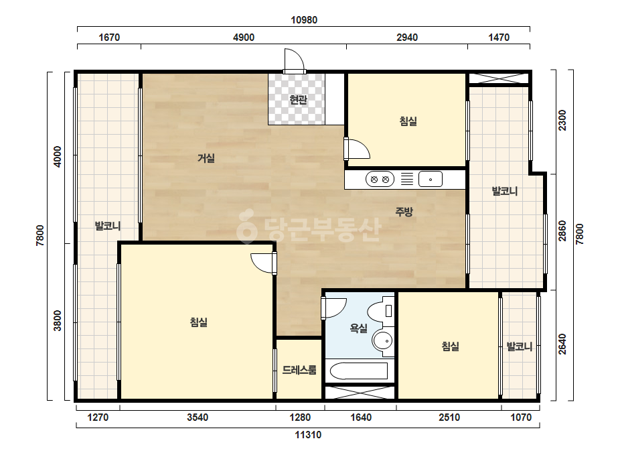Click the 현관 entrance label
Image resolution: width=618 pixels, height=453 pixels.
(298, 99)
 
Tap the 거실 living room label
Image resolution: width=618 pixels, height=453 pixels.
(206, 158)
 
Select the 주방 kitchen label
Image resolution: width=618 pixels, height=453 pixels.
(404, 212)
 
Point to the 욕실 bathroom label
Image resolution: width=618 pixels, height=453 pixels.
(359, 328)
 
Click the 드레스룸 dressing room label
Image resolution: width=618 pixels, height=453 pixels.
(299, 370)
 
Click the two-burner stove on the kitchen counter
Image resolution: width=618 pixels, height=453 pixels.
(380, 180)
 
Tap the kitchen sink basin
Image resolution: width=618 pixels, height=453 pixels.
(431, 180)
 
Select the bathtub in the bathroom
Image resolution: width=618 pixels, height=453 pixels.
(359, 371)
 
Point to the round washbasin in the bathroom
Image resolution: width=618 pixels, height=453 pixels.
(383, 340)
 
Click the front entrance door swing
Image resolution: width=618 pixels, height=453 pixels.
(294, 61)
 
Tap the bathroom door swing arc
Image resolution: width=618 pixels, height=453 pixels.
(334, 308)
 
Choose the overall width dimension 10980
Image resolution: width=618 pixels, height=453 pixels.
(304, 19)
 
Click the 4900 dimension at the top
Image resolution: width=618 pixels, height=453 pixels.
(244, 38)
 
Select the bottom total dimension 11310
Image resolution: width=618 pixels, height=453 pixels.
(308, 435)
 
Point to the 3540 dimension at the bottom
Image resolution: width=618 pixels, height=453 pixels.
(198, 417)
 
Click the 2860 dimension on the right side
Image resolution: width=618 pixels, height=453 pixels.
(562, 231)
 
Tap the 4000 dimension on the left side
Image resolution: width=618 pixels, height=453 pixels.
(58, 157)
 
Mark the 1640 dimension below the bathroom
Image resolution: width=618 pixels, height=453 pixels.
(361, 417)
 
